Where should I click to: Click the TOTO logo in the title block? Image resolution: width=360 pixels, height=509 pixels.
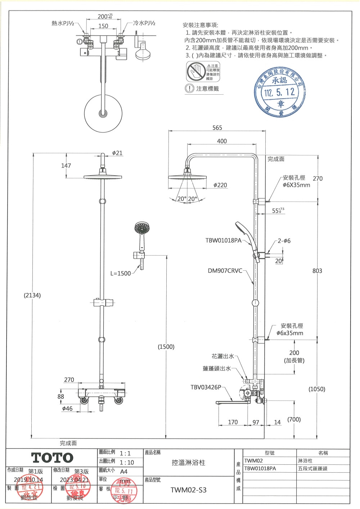click(x=52, y=458)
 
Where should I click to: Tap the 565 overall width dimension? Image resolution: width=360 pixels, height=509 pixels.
click(x=217, y=128)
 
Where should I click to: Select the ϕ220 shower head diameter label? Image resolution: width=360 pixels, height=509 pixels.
click(x=220, y=185)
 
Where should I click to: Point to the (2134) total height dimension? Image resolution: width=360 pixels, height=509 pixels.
click(x=32, y=295)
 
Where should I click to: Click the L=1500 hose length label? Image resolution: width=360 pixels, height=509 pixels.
click(x=120, y=273)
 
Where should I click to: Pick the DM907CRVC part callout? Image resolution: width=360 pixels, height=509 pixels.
click(x=225, y=271)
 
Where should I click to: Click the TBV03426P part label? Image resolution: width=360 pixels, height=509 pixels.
click(x=206, y=387)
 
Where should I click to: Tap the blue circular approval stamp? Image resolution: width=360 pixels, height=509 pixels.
click(x=280, y=92)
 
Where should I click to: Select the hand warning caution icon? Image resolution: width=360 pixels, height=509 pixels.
click(x=196, y=71)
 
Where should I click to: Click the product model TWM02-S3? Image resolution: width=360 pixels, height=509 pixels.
click(x=188, y=490)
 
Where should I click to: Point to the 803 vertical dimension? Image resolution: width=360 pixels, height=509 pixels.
click(x=317, y=271)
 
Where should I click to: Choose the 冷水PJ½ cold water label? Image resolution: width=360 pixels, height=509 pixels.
click(x=144, y=23)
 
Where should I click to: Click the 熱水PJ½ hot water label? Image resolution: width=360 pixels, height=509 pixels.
click(x=63, y=23)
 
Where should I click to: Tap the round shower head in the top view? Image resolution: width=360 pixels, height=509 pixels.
click(x=103, y=113)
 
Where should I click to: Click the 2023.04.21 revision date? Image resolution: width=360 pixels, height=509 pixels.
click(x=74, y=479)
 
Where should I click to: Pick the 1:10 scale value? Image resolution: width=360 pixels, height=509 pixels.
click(x=127, y=463)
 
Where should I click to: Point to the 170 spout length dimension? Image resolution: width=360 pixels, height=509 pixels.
click(x=233, y=422)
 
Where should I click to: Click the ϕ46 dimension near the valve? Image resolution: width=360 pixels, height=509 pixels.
click(x=67, y=409)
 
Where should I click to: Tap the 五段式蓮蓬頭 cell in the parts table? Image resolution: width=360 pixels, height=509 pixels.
click(x=312, y=469)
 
